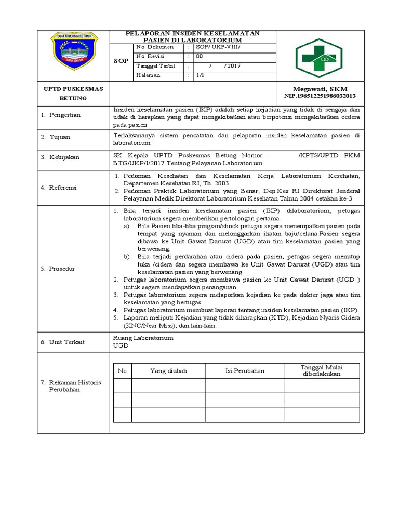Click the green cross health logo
click(x=319, y=58)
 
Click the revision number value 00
click(x=199, y=57)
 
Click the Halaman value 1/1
click(x=199, y=75)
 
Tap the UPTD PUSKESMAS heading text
click(x=73, y=89)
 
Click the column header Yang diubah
click(x=168, y=371)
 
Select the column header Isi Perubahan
click(x=245, y=371)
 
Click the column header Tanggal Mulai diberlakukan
click(x=321, y=371)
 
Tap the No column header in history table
click(x=123, y=371)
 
